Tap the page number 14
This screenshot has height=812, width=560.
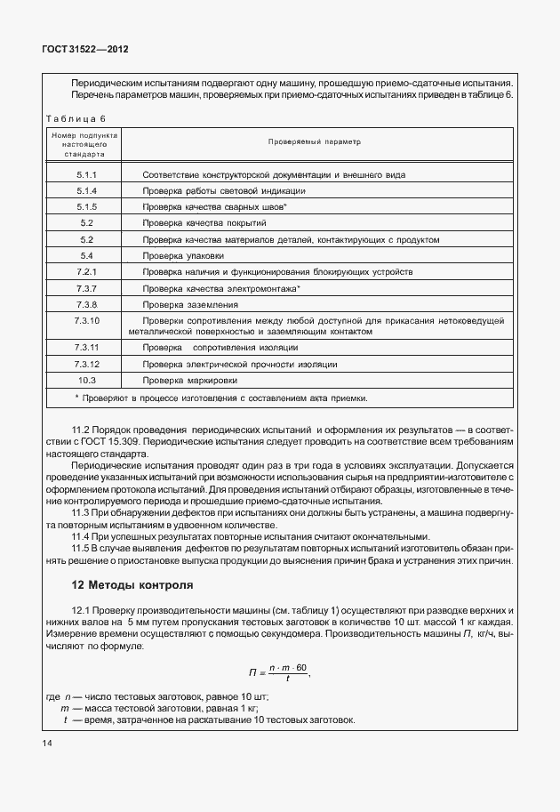click(x=46, y=742)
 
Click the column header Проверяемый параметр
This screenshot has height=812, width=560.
click(x=315, y=142)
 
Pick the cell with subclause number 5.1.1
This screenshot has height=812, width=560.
click(x=86, y=175)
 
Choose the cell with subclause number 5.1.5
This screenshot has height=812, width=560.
click(x=86, y=207)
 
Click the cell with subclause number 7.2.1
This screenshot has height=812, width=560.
click(x=86, y=271)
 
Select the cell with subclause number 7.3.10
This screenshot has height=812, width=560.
click(x=86, y=325)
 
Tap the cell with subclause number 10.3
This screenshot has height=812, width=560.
click(x=86, y=381)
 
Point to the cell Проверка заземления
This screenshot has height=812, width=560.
click(x=184, y=303)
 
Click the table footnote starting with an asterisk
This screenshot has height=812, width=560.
click(x=221, y=398)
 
